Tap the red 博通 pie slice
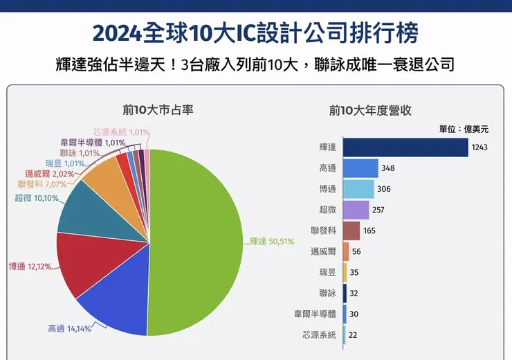[83, 260]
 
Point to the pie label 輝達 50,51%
[272, 242]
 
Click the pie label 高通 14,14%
[69, 329]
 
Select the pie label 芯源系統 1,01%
[120, 132]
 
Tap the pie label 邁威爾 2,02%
[49, 174]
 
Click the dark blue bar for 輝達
[405, 147]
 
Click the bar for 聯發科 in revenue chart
[351, 231]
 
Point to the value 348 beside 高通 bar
[390, 168]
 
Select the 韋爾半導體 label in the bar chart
[315, 314]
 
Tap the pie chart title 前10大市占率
[149, 109]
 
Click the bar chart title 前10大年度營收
[370, 109]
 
